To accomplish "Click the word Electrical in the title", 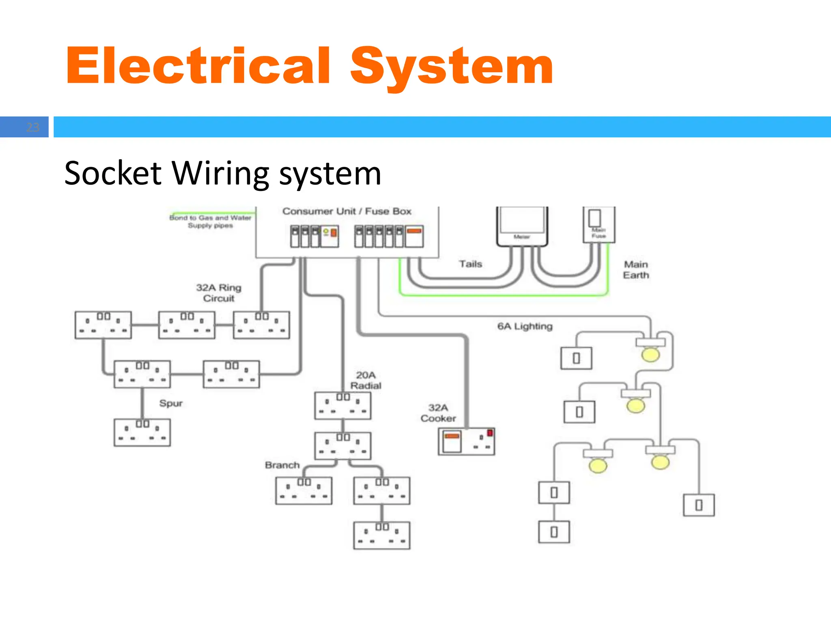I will pos(198,66).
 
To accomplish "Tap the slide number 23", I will pos(32,127).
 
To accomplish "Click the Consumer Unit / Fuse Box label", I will pos(347,211).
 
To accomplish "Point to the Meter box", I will pos(522,226).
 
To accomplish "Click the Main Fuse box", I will pos(598,224).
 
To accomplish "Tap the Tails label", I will pos(470,264).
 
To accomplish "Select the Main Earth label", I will pos(636,270).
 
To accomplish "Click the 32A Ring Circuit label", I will pos(219,293).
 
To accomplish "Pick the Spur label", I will pos(171,403).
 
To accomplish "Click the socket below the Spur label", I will pos(142,433).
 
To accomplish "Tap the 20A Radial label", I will pos(366,380).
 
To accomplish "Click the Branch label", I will pos(282,465).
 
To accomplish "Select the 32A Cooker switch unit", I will pos(466,442).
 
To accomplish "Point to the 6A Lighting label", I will pos(525,326).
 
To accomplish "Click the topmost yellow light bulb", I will pos(650,354).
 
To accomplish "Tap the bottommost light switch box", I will pos(554,532).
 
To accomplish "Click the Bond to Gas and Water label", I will pos(210,221).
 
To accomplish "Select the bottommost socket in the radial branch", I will pos(381,535).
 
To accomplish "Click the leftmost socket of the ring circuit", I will pos(103,325).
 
